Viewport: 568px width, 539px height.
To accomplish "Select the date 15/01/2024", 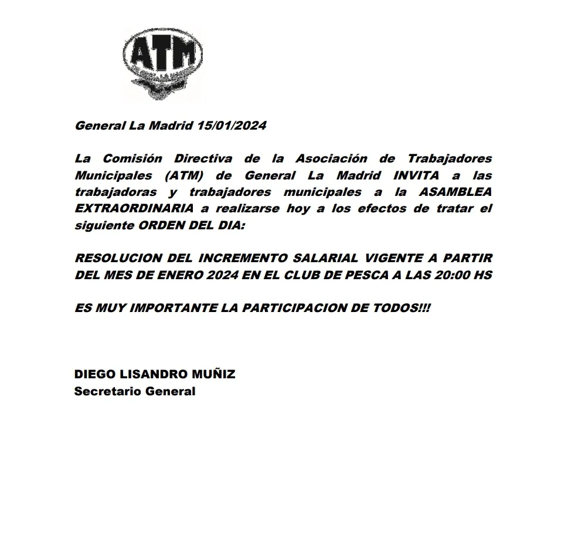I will (232, 126).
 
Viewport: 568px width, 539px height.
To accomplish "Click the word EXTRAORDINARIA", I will (134, 209).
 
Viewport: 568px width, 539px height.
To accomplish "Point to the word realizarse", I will (249, 209).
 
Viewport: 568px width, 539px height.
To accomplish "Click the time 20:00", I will (451, 275).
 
